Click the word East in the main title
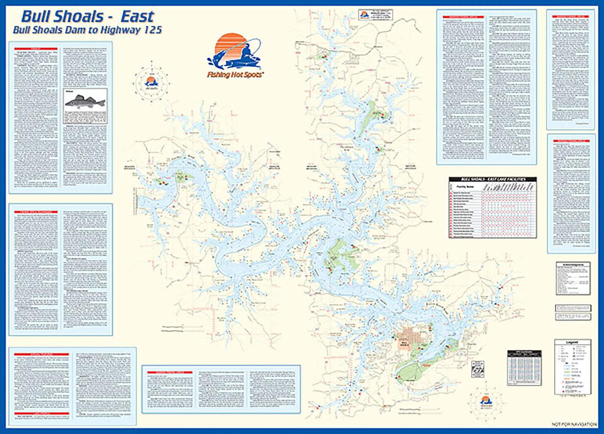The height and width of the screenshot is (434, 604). pos(137,17)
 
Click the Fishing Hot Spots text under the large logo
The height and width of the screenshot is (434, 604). pos(234,75)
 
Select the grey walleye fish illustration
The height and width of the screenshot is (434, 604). pos(85,101)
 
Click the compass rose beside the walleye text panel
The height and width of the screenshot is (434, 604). pos(151,82)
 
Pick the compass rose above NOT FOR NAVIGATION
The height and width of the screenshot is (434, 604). pos(486,402)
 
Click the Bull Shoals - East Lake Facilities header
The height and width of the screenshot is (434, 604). pos(492,179)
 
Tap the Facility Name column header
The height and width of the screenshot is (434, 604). pos(465,187)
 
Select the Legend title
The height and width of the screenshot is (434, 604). pos(572,342)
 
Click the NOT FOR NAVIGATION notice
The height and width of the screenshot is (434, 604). pos(574,424)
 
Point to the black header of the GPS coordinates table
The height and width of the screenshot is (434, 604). pos(524,353)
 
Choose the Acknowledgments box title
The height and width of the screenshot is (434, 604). pos(573,265)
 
